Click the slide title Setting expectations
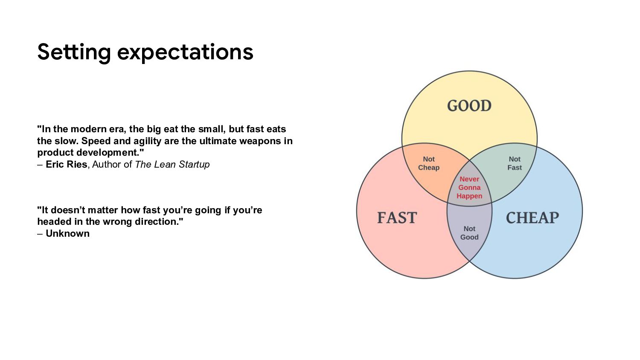(145, 52)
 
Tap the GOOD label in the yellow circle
(469, 106)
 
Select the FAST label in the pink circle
(397, 218)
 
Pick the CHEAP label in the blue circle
(532, 218)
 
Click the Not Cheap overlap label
(428, 163)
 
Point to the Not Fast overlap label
(514, 163)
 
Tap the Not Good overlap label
(469, 233)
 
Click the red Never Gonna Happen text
(469, 188)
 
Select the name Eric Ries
(66, 164)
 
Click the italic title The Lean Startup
(172, 164)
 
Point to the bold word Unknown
(67, 233)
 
